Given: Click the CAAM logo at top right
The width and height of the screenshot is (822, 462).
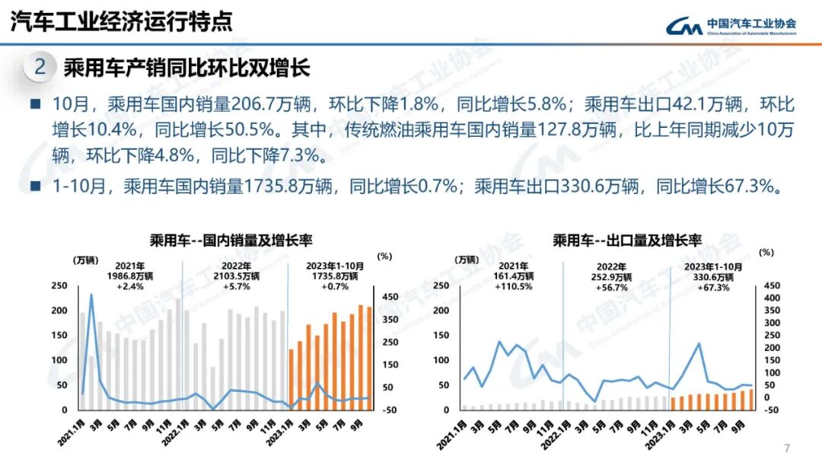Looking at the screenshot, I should click(731, 27).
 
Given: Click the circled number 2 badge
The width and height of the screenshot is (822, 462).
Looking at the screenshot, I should click(40, 67).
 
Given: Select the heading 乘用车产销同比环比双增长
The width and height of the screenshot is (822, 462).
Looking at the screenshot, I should click(186, 68).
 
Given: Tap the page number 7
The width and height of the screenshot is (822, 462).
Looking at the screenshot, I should click(787, 447).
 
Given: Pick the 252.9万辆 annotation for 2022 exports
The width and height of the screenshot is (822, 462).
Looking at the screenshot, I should click(613, 277).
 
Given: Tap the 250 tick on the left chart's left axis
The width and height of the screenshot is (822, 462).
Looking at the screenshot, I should click(58, 285).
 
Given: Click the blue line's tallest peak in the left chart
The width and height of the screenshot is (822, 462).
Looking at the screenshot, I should click(91, 295).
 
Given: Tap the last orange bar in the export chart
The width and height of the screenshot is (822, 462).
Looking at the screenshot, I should click(750, 400).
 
